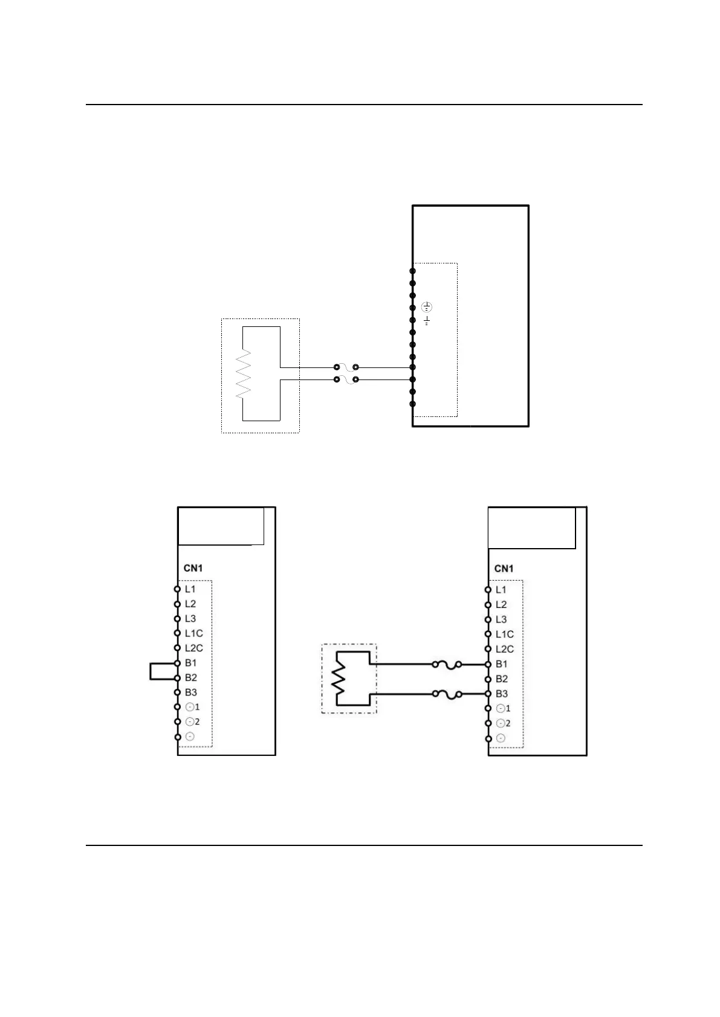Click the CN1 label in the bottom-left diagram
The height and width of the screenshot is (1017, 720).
pos(193,568)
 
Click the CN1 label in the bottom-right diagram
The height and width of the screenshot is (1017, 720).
pos(504,569)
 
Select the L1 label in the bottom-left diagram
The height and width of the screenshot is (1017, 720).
pos(190,589)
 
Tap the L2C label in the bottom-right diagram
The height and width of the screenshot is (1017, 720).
pos(505,649)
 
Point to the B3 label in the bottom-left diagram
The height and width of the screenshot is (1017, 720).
pos(191,693)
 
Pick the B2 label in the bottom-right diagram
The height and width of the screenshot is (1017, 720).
pos(502,679)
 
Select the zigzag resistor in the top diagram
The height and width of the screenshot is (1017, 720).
pos(244,373)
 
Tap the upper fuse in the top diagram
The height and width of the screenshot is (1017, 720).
pos(346,367)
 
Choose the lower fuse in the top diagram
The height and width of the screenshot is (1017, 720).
pos(346,379)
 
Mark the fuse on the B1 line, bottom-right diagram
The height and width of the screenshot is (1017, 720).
pos(447,665)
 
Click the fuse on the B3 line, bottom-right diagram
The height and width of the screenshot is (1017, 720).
pos(447,694)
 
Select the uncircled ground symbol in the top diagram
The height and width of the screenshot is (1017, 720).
pos(427,320)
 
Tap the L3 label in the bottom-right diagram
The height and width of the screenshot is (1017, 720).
pos(501,619)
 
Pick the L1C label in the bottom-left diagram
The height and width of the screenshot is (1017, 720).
pos(194,633)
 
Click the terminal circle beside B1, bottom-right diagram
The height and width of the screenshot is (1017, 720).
pos(488,665)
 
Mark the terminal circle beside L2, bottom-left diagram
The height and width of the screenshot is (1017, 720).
pos(178,604)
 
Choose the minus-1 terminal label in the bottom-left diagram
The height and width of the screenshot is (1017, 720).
pos(192,707)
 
